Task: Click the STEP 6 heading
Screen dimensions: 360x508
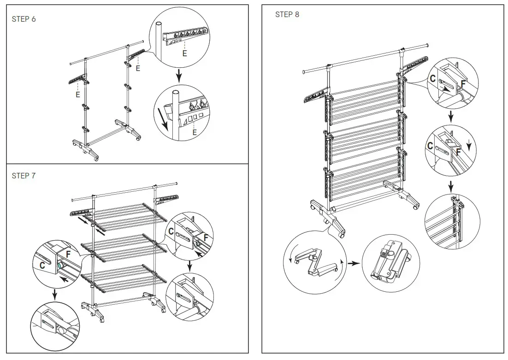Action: (24, 19)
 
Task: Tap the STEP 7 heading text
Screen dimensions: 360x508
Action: (24, 176)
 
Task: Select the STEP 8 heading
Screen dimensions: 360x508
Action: (287, 14)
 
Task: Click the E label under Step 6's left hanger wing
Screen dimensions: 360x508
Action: (78, 94)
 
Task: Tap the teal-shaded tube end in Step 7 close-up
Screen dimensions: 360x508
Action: (60, 266)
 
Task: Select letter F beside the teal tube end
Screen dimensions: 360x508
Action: (68, 254)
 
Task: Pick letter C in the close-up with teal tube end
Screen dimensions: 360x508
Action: (41, 265)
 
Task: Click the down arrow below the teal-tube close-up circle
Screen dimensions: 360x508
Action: (55, 293)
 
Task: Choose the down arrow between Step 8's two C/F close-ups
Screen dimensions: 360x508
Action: (451, 117)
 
